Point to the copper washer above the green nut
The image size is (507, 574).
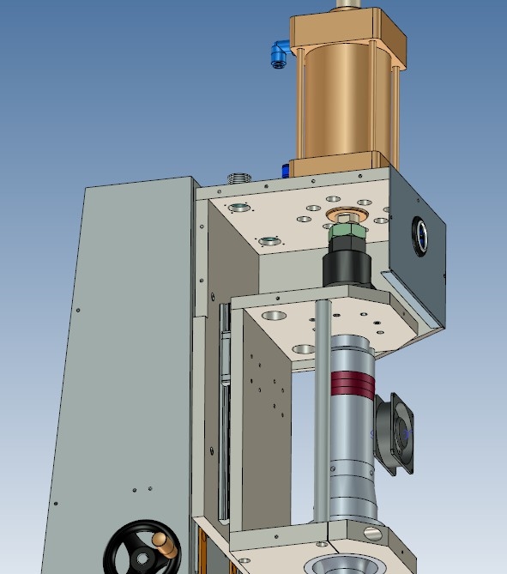pos(347,214)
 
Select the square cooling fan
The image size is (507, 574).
pos(395,433)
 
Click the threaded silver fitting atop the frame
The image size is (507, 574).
pos(239,178)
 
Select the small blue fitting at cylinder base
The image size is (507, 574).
pos(284,169)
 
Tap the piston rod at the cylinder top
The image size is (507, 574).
pos(348,4)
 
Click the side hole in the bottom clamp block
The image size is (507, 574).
pos(374,532)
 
